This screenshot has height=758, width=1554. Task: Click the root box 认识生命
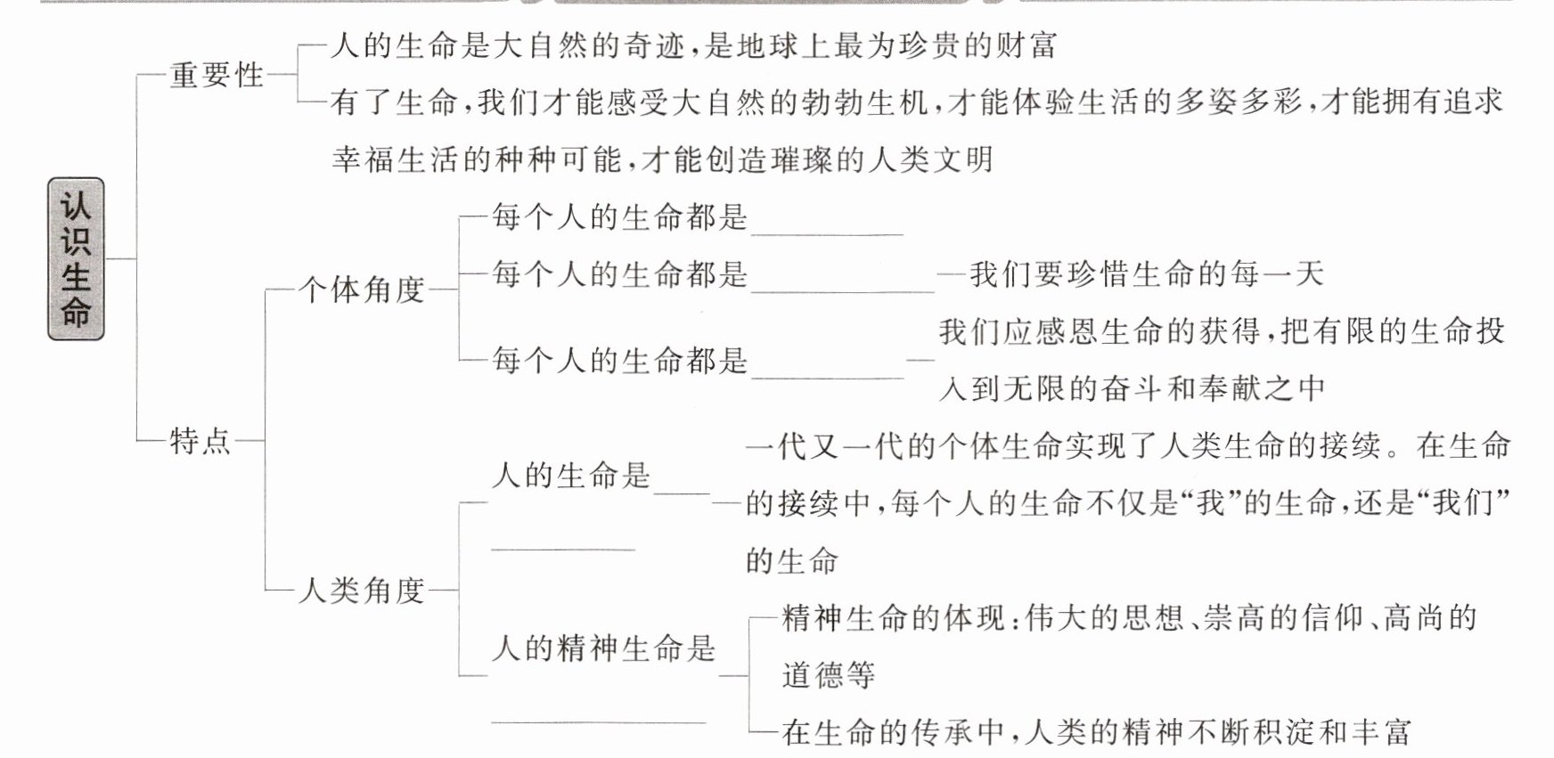tap(76, 258)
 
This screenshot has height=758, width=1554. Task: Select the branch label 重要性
tap(217, 75)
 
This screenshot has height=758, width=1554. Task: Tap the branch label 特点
tap(200, 440)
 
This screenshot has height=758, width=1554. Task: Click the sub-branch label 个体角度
tap(362, 289)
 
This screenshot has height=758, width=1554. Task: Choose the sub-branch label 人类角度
tap(362, 590)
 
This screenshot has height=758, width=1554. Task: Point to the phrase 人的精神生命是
tap(604, 648)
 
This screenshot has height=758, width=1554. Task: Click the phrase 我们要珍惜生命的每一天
tap(1148, 274)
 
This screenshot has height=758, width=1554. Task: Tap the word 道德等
tap(829, 675)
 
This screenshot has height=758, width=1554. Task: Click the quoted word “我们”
tap(1466, 503)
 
